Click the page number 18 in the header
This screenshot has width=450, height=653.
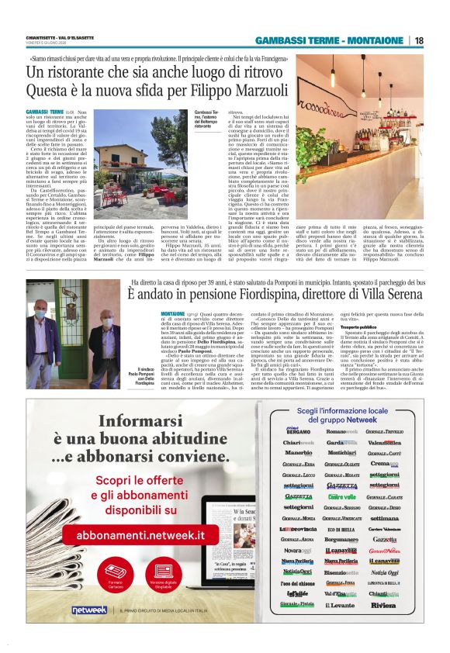point(420,40)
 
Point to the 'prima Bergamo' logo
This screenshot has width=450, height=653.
point(298,431)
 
